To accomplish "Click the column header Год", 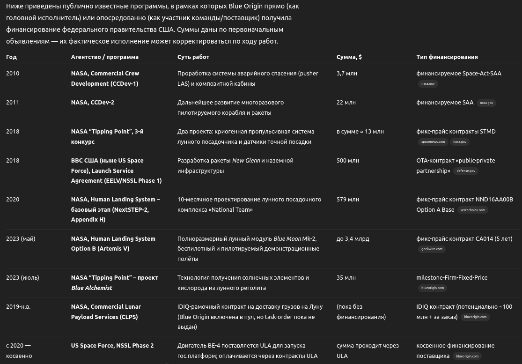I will tap(11, 57).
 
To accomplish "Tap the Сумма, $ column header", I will tap(349, 57).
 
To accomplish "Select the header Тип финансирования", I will tap(447, 57).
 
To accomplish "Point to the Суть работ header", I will tap(193, 57).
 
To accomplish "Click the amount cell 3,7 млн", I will tap(346, 74).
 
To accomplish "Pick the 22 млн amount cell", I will tap(346, 103).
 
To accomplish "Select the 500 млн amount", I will tap(347, 161).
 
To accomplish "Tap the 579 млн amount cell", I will tap(347, 200).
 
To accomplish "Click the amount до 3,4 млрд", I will tap(353, 239).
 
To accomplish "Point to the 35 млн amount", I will tap(346, 278).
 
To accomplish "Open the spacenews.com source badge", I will tap(433, 142).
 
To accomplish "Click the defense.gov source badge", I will tap(465, 171).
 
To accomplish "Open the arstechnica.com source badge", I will tap(472, 210).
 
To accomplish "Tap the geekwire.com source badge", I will tap(432, 249).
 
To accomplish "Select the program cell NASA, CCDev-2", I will tap(92, 103).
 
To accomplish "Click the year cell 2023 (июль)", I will tap(22, 278).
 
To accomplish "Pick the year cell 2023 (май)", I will tap(21, 239).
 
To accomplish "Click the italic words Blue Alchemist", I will tap(91, 288).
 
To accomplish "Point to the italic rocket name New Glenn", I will tap(246, 161).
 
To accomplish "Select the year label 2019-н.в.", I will tap(18, 307).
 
